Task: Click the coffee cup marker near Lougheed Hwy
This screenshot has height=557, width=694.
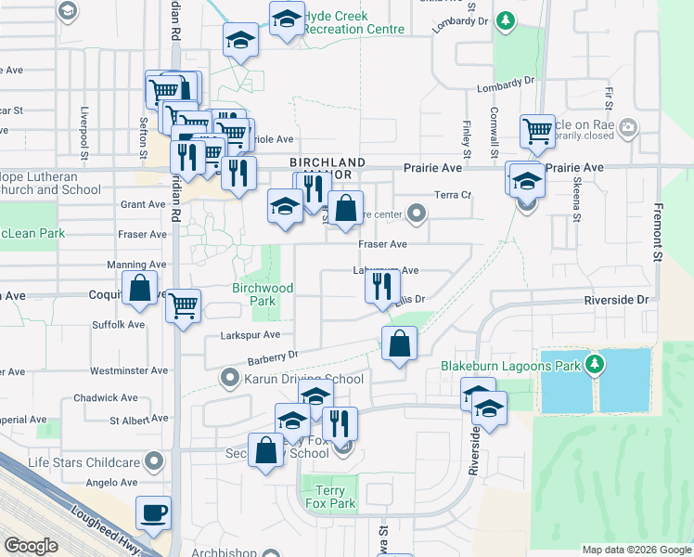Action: pyautogui.click(x=153, y=512)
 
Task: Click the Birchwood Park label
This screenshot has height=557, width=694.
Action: pyautogui.click(x=263, y=294)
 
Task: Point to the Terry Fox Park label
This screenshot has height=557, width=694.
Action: pyautogui.click(x=329, y=497)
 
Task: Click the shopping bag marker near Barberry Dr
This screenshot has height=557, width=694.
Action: pyautogui.click(x=399, y=344)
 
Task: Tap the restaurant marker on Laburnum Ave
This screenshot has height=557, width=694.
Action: pyautogui.click(x=381, y=288)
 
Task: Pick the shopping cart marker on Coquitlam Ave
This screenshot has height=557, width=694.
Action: pyautogui.click(x=184, y=304)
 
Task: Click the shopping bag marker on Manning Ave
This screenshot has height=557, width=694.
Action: pyautogui.click(x=139, y=289)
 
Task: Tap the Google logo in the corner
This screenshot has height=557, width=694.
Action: pyautogui.click(x=31, y=545)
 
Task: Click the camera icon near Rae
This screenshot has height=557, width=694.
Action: pyautogui.click(x=628, y=126)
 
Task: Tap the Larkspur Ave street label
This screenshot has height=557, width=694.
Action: pyautogui.click(x=250, y=335)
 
